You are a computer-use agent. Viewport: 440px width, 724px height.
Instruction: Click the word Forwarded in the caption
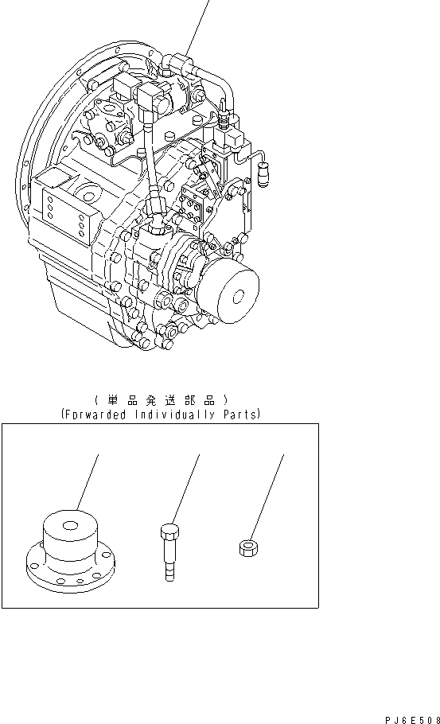[94, 415]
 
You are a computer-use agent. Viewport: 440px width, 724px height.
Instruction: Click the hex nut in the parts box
[247, 547]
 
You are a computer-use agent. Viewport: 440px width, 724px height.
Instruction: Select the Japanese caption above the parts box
[160, 399]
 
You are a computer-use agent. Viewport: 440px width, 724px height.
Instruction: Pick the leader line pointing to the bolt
[185, 489]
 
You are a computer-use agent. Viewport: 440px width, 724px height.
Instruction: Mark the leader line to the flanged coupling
[88, 481]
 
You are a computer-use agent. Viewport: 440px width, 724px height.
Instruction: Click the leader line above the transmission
[200, 24]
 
